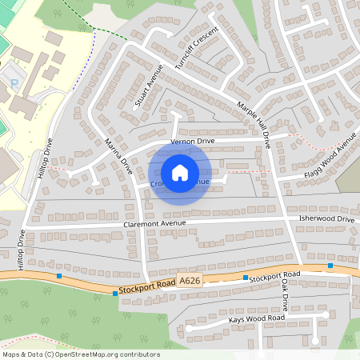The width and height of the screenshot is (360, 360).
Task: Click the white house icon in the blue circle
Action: [180, 172]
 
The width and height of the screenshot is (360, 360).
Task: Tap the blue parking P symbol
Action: [14, 83]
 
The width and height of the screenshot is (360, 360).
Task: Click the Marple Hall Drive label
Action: [254, 124]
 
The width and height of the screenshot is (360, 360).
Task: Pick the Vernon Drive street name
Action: [193, 141]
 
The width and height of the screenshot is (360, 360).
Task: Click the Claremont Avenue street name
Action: [154, 223]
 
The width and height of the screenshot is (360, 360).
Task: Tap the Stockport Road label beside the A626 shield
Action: [146, 285]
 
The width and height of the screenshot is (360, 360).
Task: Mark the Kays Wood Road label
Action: [256, 319]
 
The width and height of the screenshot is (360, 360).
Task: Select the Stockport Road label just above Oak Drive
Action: [274, 275]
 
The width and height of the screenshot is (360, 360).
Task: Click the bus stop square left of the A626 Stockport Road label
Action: [116, 294]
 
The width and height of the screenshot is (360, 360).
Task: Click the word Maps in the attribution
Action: [11, 354]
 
